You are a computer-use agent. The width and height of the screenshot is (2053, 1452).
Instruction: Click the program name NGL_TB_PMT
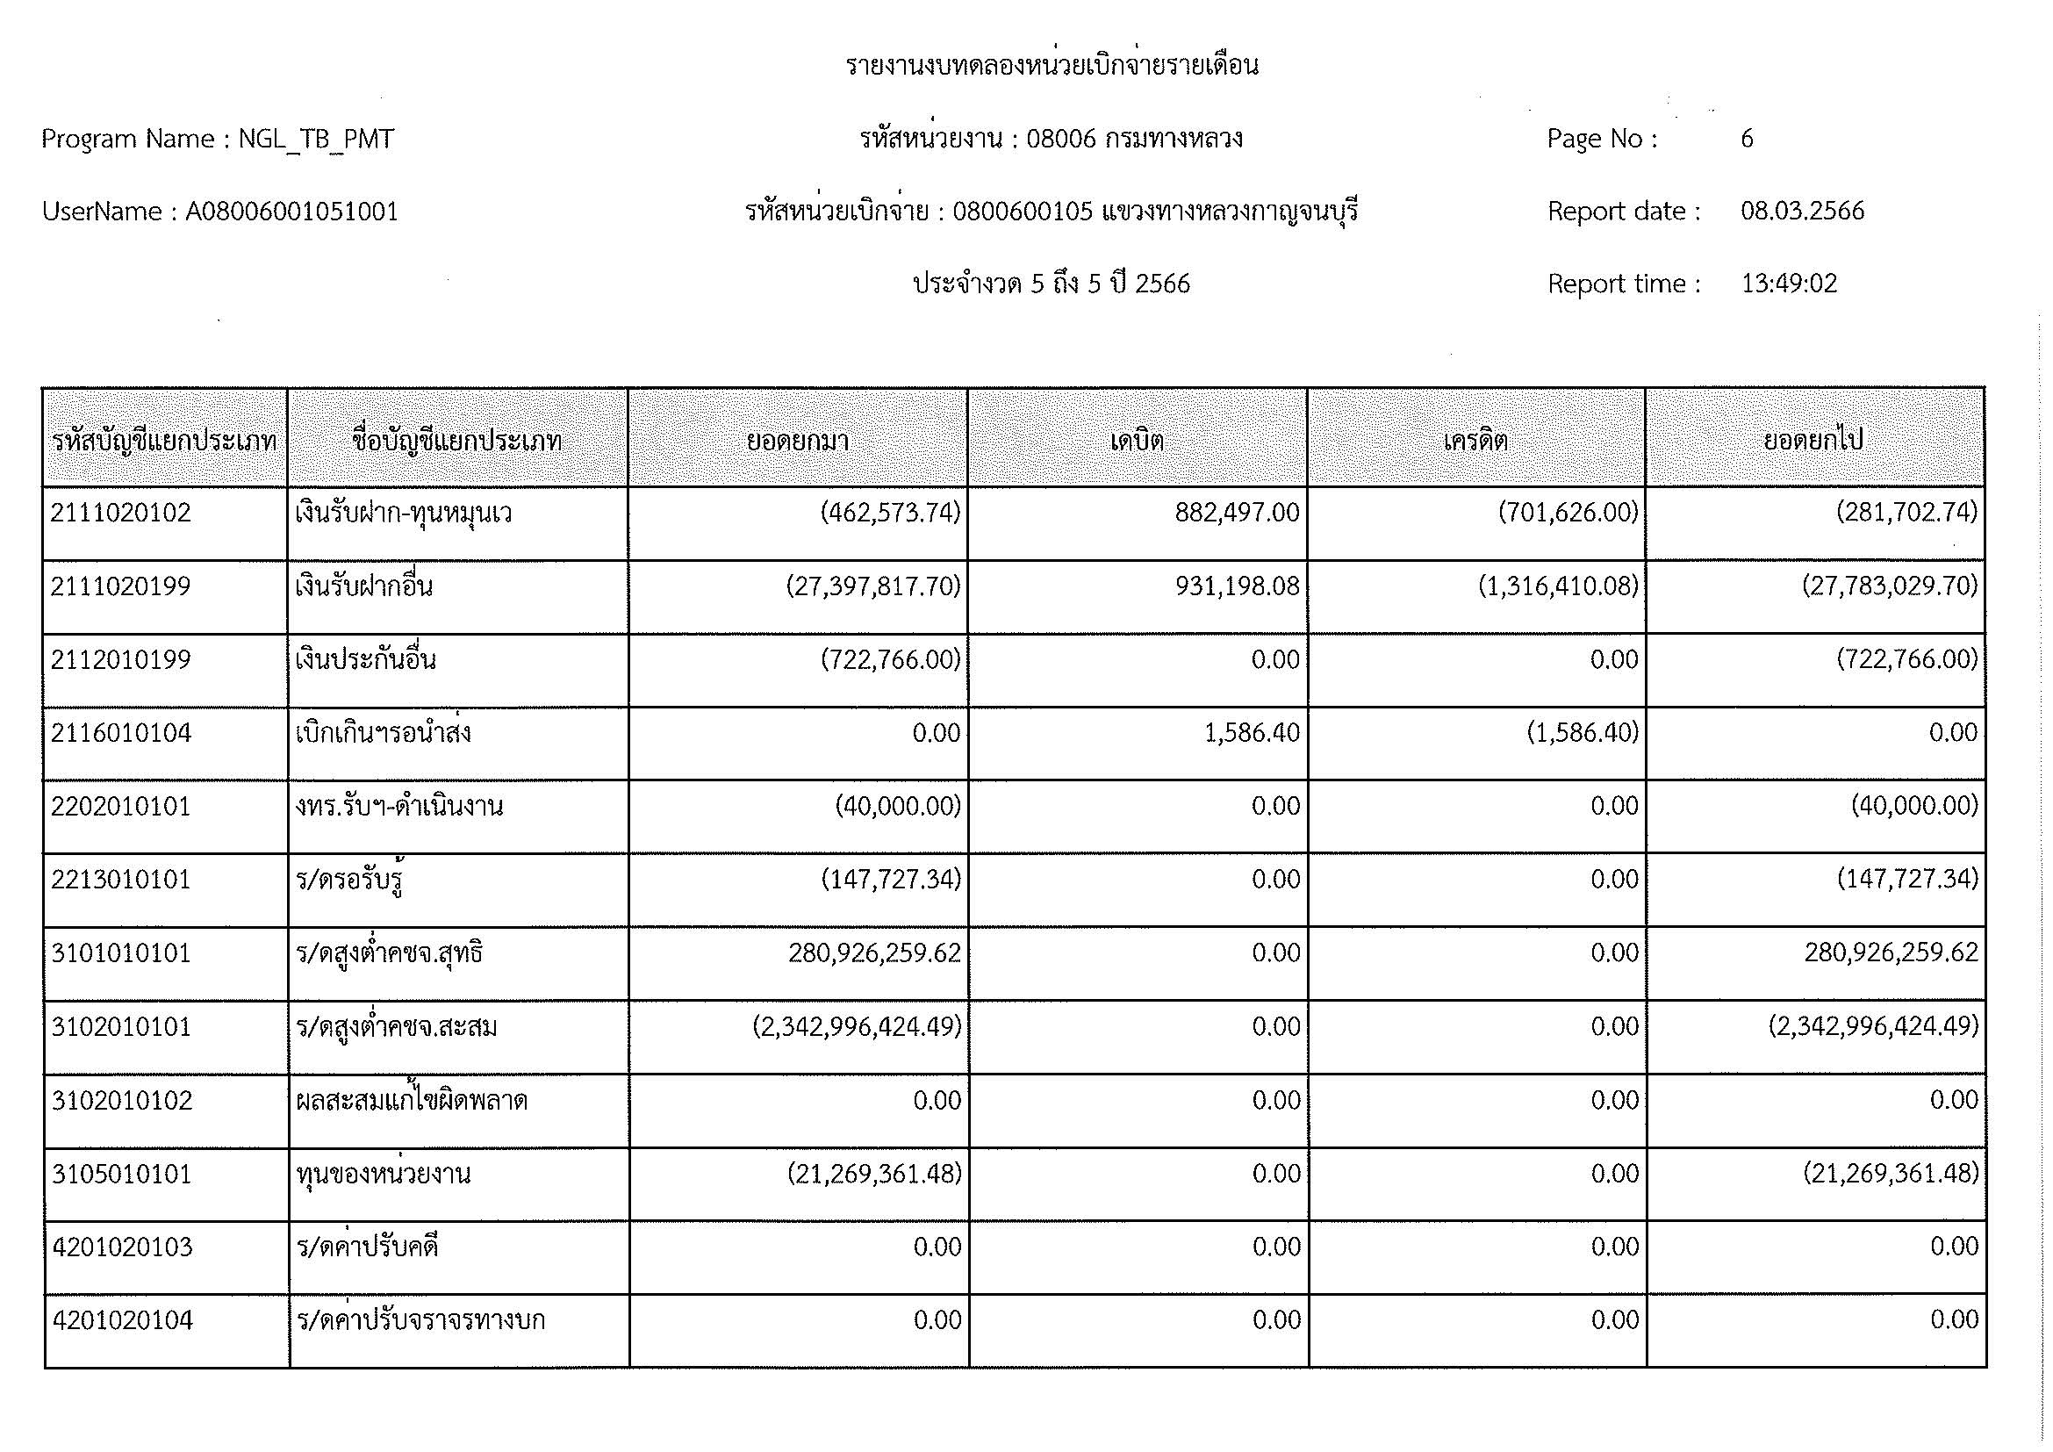(x=316, y=140)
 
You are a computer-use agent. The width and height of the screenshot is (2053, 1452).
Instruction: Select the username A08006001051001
(x=291, y=212)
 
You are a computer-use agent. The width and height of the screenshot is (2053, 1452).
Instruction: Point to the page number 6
(x=1747, y=139)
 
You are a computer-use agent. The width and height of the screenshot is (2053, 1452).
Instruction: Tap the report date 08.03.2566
(x=1802, y=212)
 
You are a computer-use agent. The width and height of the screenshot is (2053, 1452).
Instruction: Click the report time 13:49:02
(x=1788, y=284)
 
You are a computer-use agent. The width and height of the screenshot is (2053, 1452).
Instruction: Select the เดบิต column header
(x=1137, y=441)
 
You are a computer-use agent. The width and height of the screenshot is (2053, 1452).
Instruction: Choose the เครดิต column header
(x=1475, y=441)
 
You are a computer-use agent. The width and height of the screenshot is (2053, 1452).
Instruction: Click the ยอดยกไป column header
(x=1813, y=441)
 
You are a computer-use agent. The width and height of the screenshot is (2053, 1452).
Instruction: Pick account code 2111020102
(x=121, y=514)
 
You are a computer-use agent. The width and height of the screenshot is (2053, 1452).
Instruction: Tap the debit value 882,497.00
(x=1237, y=514)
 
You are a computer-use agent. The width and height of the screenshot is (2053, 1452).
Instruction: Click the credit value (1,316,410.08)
(x=1558, y=586)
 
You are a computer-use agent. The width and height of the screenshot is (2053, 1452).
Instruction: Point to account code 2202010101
(x=121, y=808)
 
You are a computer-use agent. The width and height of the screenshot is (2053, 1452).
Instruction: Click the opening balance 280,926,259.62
(x=873, y=954)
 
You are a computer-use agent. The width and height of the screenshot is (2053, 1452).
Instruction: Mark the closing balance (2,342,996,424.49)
(x=1873, y=1027)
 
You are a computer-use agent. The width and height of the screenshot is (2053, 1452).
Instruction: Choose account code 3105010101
(x=122, y=1174)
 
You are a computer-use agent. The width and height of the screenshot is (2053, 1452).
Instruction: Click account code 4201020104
(x=123, y=1320)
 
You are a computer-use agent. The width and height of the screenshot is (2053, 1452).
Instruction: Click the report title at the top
(x=1052, y=65)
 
